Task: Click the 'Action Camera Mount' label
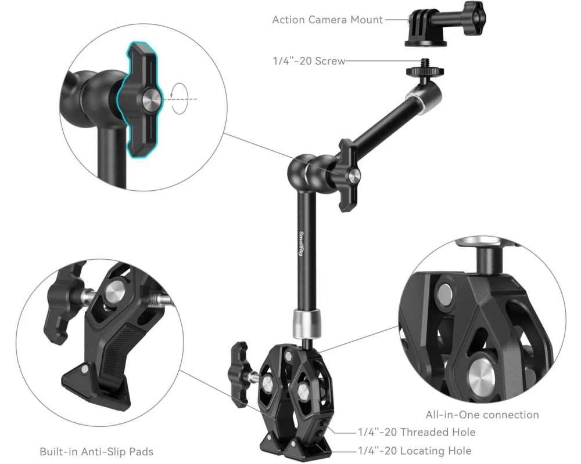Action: click(x=327, y=20)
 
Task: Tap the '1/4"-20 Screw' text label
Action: click(x=309, y=61)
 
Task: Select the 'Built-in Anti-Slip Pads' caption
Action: click(x=96, y=452)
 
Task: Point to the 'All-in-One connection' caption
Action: click(x=482, y=415)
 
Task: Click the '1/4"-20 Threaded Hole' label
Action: click(x=417, y=432)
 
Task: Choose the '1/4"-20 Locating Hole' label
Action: click(x=415, y=451)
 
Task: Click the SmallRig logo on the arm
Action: click(x=301, y=243)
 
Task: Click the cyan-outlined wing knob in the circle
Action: click(x=141, y=99)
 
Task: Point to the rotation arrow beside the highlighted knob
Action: click(x=180, y=99)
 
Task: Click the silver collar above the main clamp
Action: click(x=307, y=324)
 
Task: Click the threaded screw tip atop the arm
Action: click(x=424, y=63)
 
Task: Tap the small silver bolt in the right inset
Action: click(x=445, y=295)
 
